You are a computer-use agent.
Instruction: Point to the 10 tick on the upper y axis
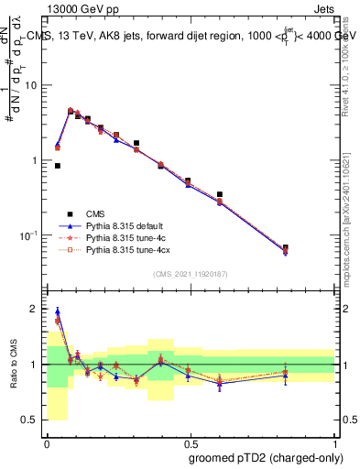35,85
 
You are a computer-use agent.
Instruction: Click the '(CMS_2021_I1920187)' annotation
191,274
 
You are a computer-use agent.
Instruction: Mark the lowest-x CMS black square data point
58,166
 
